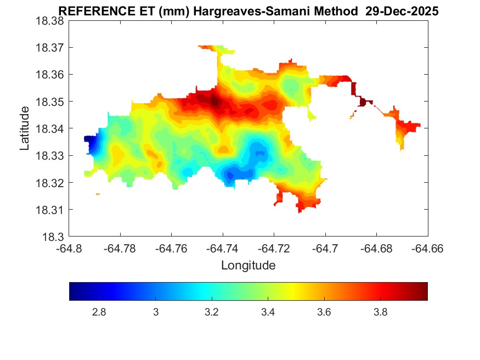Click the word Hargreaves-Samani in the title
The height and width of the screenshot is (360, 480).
[246, 12]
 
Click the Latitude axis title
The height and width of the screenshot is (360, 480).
[25, 129]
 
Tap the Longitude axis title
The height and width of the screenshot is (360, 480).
[248, 266]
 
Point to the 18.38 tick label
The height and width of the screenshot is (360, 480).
[50, 20]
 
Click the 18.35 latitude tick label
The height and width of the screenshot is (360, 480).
[50, 102]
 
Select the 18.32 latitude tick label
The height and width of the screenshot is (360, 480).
[50, 183]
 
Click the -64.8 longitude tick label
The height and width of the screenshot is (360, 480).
[70, 249]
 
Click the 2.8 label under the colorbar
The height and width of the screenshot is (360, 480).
[99, 312]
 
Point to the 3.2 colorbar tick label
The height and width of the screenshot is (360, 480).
[212, 312]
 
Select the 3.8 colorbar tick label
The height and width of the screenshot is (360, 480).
[381, 312]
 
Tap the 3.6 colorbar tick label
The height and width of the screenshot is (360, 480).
[324, 312]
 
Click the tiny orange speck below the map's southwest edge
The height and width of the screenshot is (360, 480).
[98, 194]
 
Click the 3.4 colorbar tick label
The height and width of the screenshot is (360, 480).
[268, 312]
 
